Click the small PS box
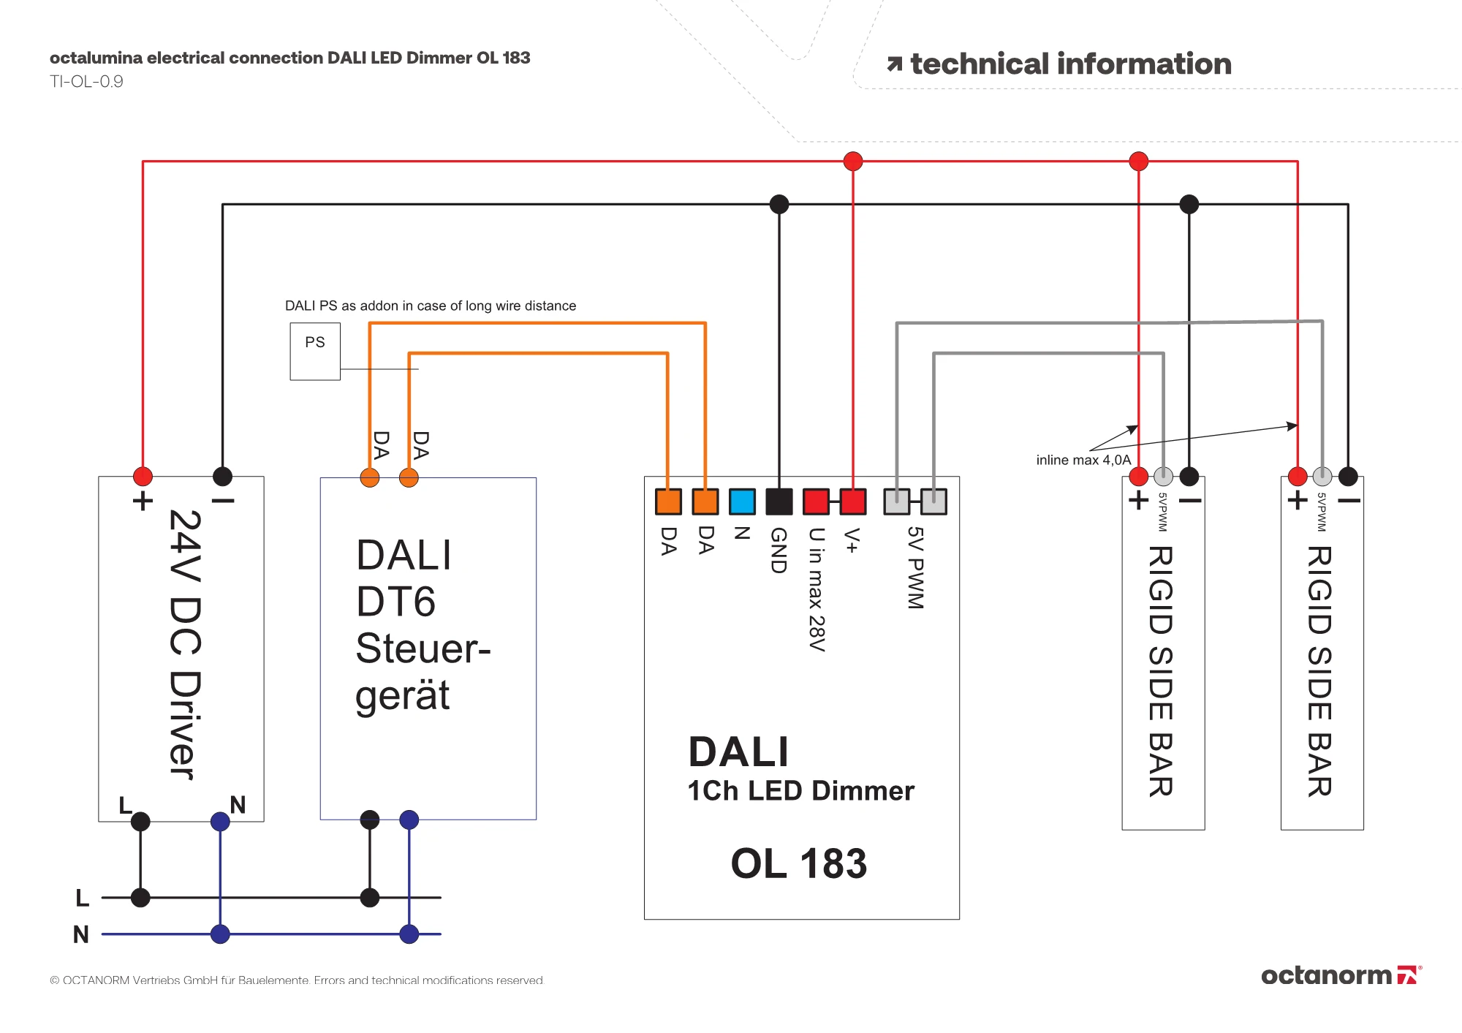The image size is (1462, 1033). (x=315, y=351)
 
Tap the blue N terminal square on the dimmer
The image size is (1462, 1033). (x=742, y=502)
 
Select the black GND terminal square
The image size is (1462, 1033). (x=779, y=502)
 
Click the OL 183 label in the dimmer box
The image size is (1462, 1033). (x=799, y=863)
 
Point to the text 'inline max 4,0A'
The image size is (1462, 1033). (x=1083, y=460)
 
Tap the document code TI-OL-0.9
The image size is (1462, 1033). (x=86, y=81)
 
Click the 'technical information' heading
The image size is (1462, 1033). (x=1070, y=64)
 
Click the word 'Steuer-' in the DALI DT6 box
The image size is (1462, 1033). (x=423, y=648)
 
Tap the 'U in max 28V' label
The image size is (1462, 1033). (x=817, y=589)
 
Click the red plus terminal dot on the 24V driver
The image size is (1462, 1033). (x=143, y=477)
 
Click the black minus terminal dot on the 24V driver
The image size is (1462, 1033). (x=222, y=477)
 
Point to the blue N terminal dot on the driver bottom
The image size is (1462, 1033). (x=220, y=822)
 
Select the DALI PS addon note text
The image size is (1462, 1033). (x=430, y=306)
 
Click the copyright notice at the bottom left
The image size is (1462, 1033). (x=297, y=980)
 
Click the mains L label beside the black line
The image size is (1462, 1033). (x=83, y=898)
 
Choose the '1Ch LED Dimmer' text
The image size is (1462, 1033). (x=800, y=791)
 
